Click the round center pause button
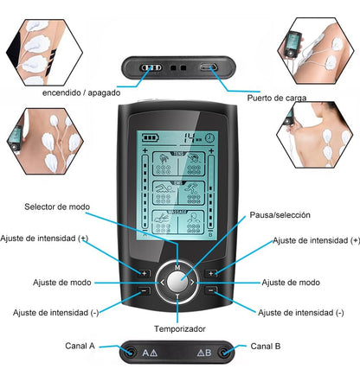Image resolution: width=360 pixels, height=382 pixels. [x=177, y=282]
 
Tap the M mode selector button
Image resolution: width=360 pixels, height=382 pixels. [x=177, y=267]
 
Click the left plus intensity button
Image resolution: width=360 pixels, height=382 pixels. [x=145, y=273]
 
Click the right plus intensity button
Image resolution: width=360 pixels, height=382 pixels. [x=211, y=273]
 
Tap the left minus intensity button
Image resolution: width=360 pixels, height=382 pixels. [x=145, y=290]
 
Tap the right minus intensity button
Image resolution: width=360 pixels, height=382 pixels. [x=211, y=290]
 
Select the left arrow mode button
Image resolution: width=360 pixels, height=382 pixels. [x=162, y=283]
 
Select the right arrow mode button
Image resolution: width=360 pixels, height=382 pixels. [x=192, y=283]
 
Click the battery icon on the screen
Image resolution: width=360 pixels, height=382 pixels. [x=151, y=137]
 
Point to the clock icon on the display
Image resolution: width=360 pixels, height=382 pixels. [x=209, y=137]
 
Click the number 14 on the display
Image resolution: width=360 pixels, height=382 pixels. [x=190, y=137]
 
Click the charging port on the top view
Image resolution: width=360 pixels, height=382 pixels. [x=209, y=68]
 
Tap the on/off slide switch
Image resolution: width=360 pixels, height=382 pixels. [x=151, y=68]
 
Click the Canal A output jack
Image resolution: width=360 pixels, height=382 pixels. [x=131, y=352]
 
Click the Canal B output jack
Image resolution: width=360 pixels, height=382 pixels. [x=224, y=352]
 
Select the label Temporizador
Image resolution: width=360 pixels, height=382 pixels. [x=180, y=328]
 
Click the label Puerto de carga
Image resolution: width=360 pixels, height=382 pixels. [x=277, y=98]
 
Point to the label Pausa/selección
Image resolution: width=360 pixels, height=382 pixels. [x=280, y=215]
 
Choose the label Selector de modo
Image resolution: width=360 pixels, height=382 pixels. [x=57, y=207]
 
